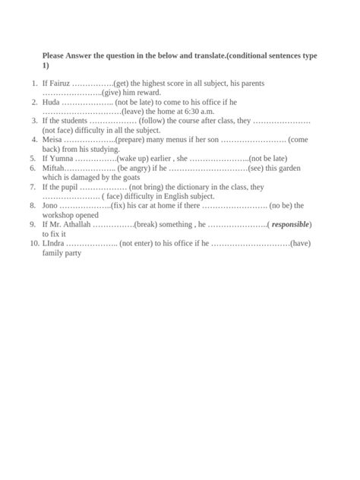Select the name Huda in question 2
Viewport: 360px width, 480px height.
51,102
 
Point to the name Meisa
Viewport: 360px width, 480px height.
52,140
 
